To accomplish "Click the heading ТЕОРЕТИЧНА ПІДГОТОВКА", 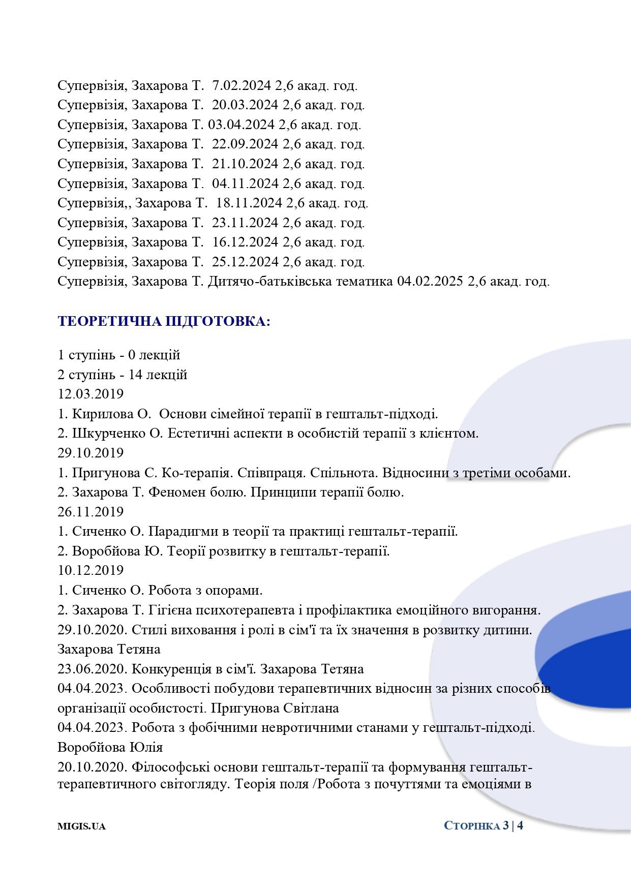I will tap(164, 322).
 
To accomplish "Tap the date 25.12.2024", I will tap(245, 262).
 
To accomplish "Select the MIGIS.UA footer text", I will tap(81, 826).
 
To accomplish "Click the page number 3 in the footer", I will tap(505, 825).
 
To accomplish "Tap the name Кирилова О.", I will tap(112, 414).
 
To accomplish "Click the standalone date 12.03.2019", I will tap(91, 394).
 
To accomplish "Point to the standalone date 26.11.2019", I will tap(91, 512).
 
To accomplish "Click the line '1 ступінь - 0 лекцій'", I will tap(119, 355).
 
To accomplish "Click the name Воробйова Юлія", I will tap(110, 748).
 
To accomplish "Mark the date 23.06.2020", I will tap(91, 669).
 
